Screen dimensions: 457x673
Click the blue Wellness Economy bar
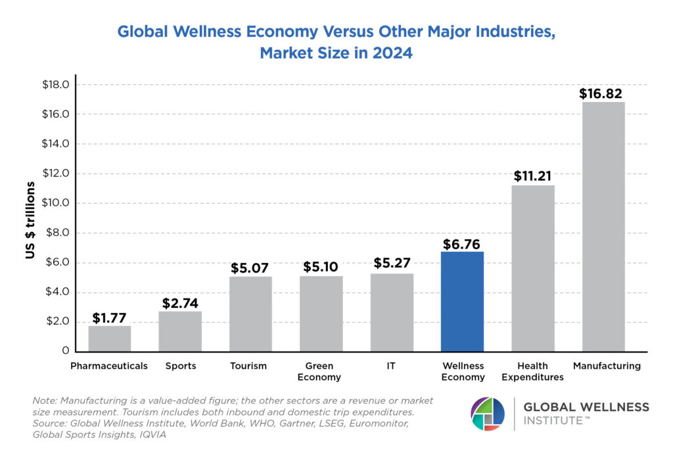462,302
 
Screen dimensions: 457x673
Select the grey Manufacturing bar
603,227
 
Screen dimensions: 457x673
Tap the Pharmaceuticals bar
110,339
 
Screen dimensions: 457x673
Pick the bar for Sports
180,331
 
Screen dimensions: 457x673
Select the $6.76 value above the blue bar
462,244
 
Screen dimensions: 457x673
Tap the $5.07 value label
250,268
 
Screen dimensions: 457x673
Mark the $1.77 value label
110,318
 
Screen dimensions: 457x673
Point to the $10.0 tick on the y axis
56,203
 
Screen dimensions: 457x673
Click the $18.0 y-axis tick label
56,85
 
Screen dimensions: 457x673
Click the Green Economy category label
319,372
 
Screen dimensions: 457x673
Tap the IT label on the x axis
392,366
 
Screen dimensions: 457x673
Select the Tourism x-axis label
248,366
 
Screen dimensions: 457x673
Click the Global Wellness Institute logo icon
488,414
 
